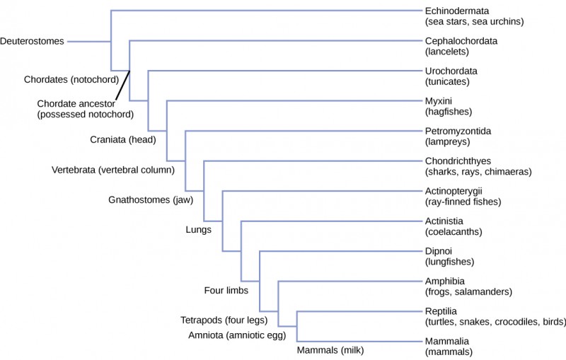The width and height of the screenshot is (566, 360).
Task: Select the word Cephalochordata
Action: [x=461, y=41]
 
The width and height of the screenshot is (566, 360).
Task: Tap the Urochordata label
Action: [x=451, y=71]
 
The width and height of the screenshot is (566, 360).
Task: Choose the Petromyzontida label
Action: [x=458, y=131]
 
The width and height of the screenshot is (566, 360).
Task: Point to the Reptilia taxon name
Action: [x=441, y=311]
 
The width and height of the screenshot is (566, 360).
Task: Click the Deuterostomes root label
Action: [x=33, y=41]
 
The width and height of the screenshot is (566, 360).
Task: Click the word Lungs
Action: [x=198, y=230]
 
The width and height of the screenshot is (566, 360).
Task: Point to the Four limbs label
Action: [x=226, y=290]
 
